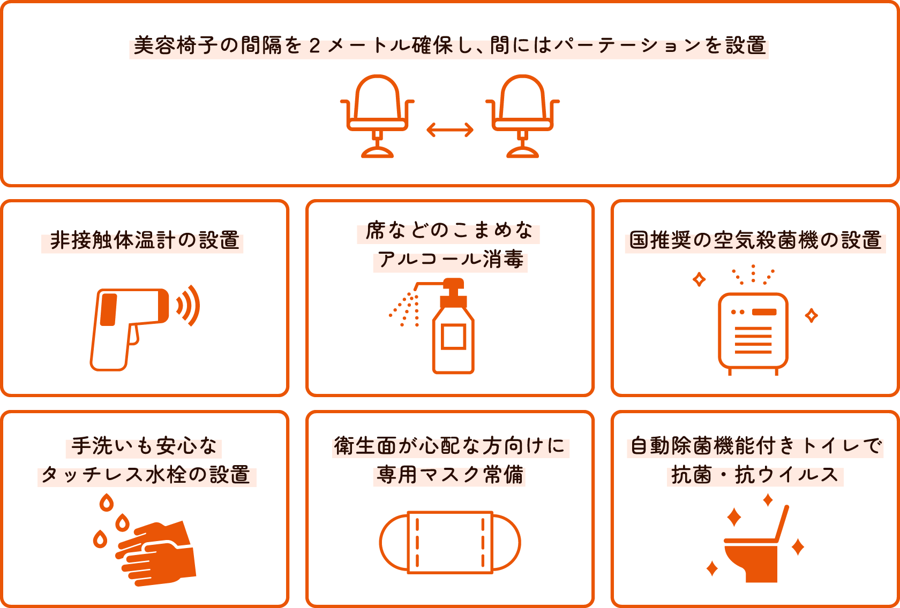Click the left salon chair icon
point(378,115)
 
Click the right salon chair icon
point(522,115)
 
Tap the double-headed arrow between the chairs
point(450,130)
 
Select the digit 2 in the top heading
point(315,46)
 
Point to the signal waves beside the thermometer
point(189,306)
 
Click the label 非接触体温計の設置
point(144,241)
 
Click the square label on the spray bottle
point(453,337)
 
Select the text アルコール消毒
point(450,260)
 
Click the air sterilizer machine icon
point(753,332)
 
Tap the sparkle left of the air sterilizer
point(699,279)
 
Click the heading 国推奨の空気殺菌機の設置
point(755,241)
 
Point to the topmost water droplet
point(107,503)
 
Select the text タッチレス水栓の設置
point(146,475)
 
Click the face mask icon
point(450,542)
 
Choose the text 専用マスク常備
point(450,475)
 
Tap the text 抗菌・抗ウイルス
point(755,475)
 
